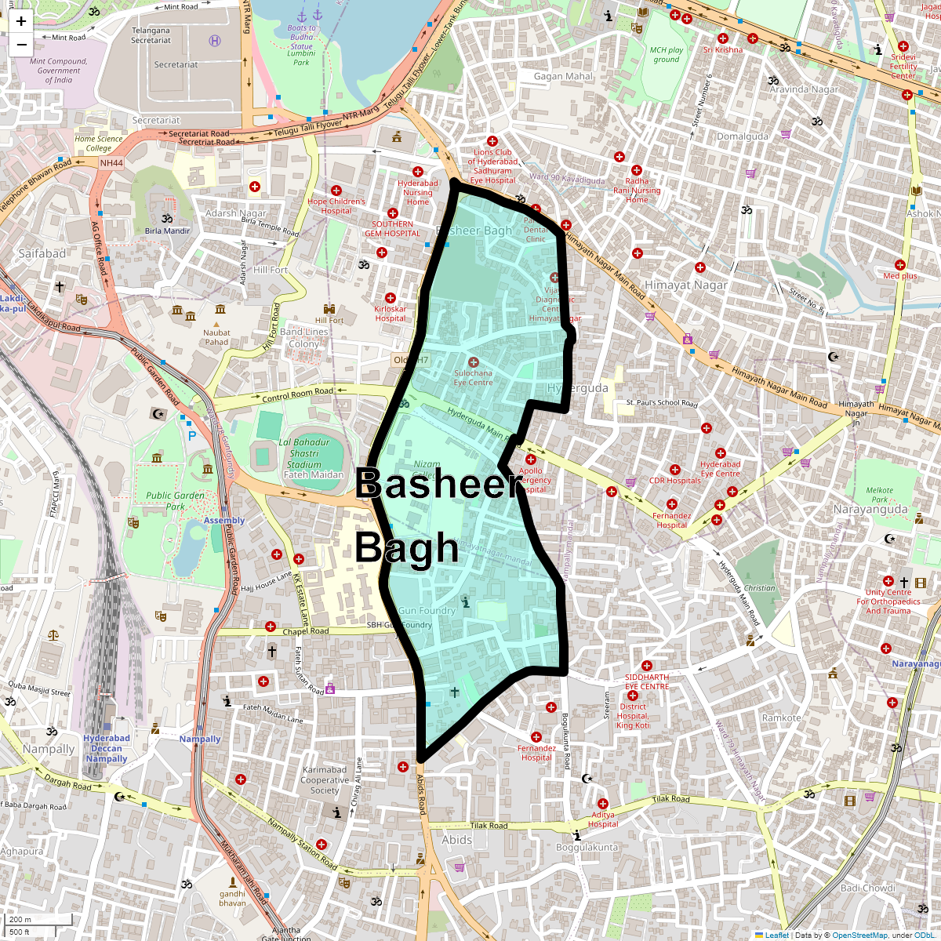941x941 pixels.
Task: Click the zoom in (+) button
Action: point(21,22)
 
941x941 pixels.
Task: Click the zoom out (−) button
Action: point(21,44)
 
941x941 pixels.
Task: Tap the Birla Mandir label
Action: point(167,231)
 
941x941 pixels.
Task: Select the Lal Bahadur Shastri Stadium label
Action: point(305,458)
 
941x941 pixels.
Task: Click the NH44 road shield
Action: point(111,163)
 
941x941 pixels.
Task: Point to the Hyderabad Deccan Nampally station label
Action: point(107,748)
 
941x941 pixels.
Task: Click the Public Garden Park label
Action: point(175,500)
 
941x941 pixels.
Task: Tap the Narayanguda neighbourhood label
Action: point(870,510)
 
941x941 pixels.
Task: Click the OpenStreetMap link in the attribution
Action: point(860,935)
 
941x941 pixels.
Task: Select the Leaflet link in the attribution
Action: point(776,935)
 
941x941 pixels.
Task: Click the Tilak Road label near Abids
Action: point(489,826)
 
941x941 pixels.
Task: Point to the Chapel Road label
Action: point(306,631)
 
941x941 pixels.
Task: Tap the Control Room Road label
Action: point(297,394)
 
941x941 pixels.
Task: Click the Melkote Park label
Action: point(879,495)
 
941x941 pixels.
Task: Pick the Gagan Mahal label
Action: point(563,77)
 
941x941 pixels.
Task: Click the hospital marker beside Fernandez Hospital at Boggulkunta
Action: point(536,737)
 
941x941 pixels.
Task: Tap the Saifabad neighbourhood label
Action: point(42,253)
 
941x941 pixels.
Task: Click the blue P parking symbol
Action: point(191,436)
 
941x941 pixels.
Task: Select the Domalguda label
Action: point(743,136)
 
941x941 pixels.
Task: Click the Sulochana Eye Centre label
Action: point(474,378)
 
